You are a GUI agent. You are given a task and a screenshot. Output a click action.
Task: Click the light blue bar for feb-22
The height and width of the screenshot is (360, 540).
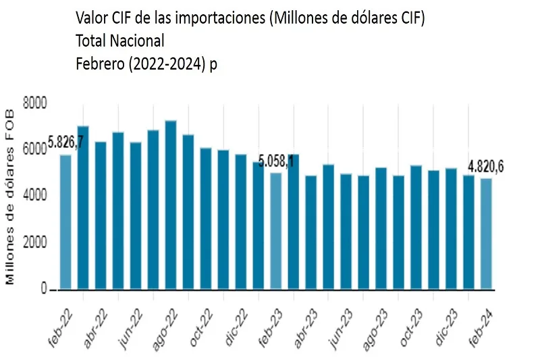pyautogui.click(x=65, y=222)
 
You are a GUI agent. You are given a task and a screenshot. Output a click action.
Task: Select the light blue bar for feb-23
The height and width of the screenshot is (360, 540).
pyautogui.click(x=276, y=231)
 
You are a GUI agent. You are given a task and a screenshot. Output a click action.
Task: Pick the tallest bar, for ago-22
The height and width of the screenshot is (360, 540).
pyautogui.click(x=171, y=205)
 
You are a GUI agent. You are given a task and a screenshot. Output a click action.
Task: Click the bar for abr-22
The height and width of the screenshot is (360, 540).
pyautogui.click(x=101, y=215)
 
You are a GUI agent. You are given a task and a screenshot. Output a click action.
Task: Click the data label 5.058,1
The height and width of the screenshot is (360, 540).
pyautogui.click(x=276, y=163)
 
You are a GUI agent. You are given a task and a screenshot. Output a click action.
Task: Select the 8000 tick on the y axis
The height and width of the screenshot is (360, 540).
pyautogui.click(x=34, y=103)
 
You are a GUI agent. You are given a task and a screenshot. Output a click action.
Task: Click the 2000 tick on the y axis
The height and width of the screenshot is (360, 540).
pyautogui.click(x=34, y=243)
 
